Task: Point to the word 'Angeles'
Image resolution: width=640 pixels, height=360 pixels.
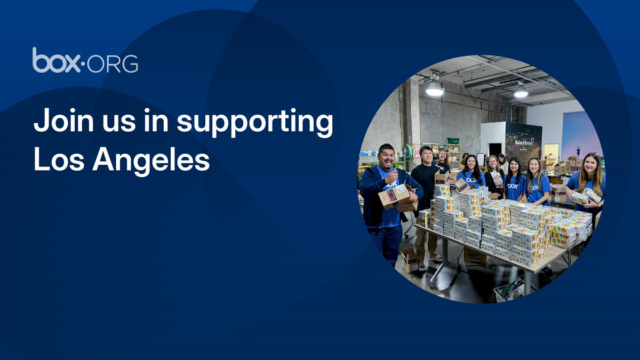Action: coord(151,160)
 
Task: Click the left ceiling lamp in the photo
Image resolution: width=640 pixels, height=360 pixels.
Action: coord(435,88)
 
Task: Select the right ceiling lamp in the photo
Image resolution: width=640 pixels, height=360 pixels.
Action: coord(521,92)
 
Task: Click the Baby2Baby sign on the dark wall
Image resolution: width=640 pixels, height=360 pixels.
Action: coord(524,143)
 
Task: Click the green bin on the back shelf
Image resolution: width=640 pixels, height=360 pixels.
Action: coord(453,141)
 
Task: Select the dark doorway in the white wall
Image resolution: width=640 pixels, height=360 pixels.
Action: coord(495,149)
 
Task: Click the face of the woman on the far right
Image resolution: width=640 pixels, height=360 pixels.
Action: coord(590,164)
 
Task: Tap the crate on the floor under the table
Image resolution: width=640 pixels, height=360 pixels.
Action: coord(509,289)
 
